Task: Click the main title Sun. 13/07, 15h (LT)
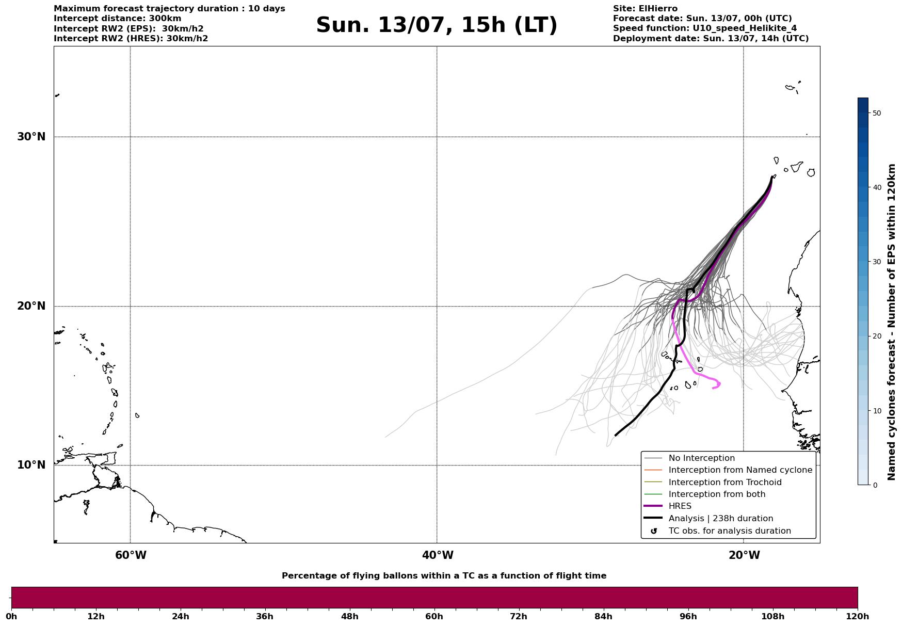(437, 25)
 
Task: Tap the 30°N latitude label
(31, 137)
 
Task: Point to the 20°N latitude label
(31, 306)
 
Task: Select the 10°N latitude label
(31, 465)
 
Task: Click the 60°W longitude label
(131, 555)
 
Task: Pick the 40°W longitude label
(438, 555)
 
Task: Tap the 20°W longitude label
(744, 555)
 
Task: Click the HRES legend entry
(680, 506)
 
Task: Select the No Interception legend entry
(701, 458)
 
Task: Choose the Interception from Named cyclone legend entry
(740, 470)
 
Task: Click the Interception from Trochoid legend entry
(724, 483)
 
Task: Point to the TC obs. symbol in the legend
(654, 531)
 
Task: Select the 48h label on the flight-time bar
(349, 616)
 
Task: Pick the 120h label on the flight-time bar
(857, 616)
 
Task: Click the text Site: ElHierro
(645, 9)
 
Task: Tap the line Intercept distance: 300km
(118, 19)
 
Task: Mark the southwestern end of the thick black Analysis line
(616, 435)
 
